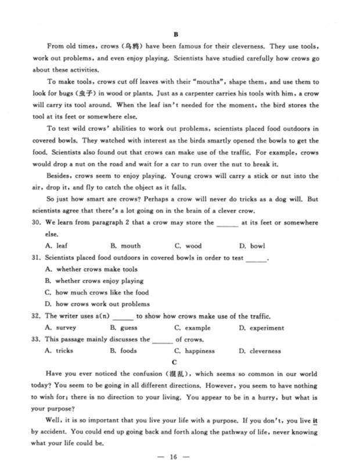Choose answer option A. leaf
point(56,246)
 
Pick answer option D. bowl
point(252,246)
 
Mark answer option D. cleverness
point(260,351)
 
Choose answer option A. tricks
point(59,351)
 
